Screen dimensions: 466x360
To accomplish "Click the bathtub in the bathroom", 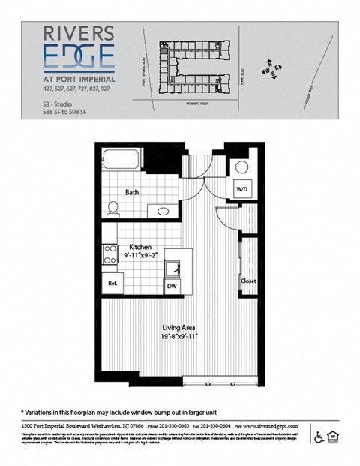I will click(121, 161).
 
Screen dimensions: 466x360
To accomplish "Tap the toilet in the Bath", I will click(113, 207).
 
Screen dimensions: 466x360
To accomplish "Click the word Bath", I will click(133, 193).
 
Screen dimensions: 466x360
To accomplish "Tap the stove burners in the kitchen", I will click(110, 254).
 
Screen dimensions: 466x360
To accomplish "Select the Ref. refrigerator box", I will click(112, 283).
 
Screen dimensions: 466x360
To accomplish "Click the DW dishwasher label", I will click(171, 285).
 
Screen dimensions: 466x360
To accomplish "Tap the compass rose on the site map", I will click(271, 69).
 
